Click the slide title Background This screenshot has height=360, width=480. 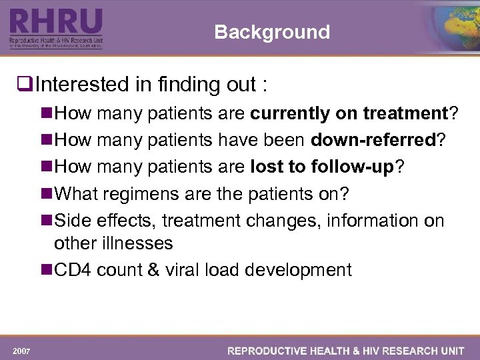point(272,32)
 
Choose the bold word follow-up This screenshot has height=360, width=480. point(353,167)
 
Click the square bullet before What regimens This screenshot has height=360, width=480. point(47,194)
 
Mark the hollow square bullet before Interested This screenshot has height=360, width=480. point(27,85)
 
